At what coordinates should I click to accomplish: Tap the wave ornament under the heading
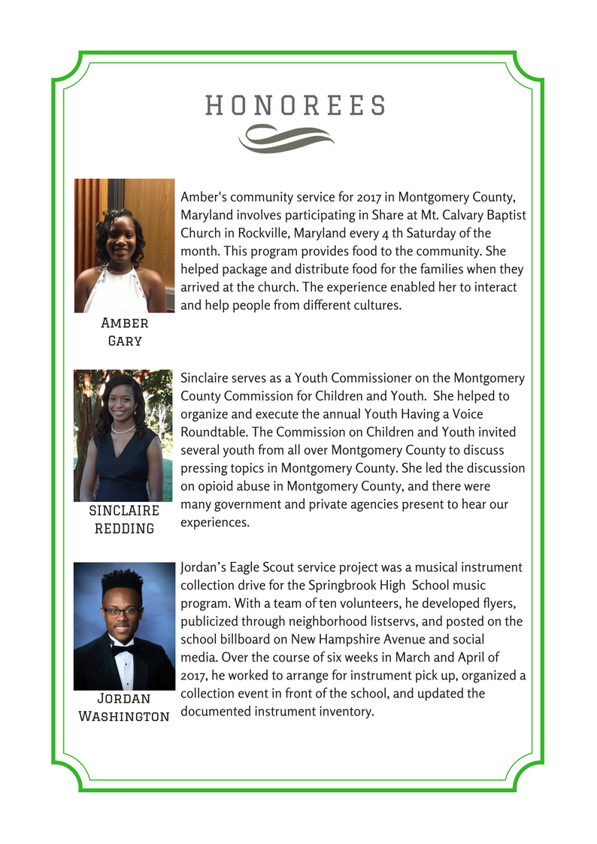[x=286, y=138]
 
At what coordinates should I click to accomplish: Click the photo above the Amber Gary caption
[x=124, y=245]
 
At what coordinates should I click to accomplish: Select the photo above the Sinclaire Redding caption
[x=123, y=435]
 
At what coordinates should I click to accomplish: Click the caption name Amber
[x=125, y=322]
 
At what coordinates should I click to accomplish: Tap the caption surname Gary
[x=125, y=340]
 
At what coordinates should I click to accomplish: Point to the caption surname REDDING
[x=124, y=528]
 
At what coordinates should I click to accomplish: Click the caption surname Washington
[x=124, y=715]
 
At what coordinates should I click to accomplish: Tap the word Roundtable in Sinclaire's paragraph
[x=216, y=432]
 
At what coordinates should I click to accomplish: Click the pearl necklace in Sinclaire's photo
[x=123, y=428]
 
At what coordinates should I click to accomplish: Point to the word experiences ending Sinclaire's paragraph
[x=214, y=522]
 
